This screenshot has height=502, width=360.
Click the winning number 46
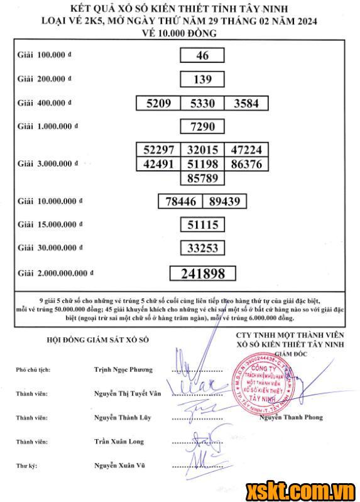202,56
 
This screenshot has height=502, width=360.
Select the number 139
202,80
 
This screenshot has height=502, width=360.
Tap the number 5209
158,104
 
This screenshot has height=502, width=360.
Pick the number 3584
246,104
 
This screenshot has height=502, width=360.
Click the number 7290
202,127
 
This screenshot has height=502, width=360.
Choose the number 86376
246,165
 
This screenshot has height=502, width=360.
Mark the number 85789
202,178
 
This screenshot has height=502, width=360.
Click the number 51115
202,225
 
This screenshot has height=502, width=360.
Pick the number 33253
202,248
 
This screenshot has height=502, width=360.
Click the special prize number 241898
202,273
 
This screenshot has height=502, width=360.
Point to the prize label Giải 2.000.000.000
55,273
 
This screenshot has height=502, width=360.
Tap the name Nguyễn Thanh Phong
294,417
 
